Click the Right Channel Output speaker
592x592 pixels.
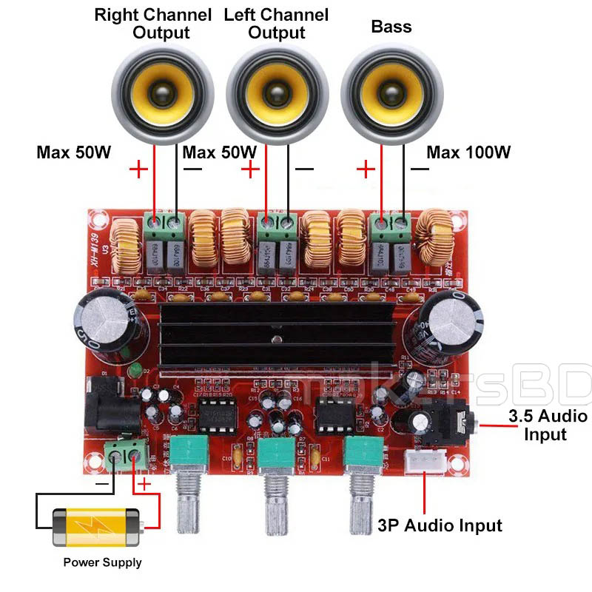[x=163, y=94]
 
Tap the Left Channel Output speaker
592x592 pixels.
[x=276, y=94]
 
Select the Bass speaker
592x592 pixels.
[x=391, y=94]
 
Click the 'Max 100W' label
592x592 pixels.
[x=468, y=153]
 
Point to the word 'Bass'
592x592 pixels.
[x=391, y=27]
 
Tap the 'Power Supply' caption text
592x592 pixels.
[x=102, y=562]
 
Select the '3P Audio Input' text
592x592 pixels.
[x=440, y=525]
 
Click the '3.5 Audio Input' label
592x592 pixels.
[x=548, y=424]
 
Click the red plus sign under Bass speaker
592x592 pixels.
[x=366, y=170]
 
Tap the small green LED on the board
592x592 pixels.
[x=134, y=371]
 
